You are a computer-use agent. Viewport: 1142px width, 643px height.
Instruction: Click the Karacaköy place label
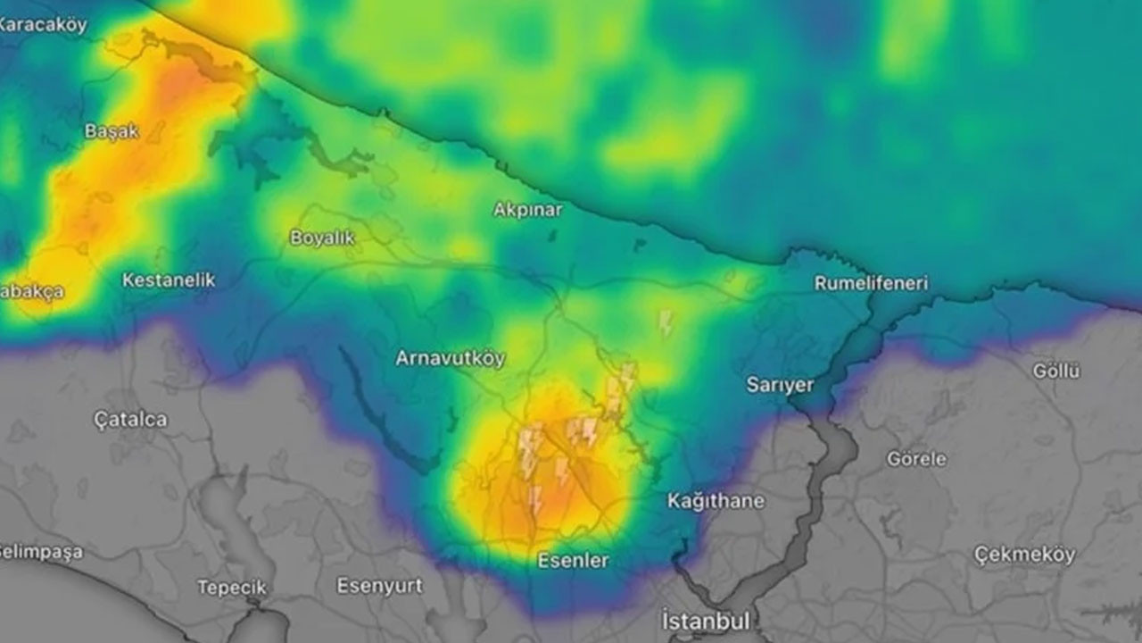click(x=42, y=25)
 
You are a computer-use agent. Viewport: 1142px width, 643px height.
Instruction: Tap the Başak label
click(x=112, y=131)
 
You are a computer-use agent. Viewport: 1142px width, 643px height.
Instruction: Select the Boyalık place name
click(x=322, y=238)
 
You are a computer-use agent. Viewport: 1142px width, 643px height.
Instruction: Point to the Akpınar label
click(x=528, y=210)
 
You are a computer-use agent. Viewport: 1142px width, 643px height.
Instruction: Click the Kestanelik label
click(x=169, y=280)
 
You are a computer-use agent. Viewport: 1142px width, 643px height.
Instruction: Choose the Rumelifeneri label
click(x=871, y=283)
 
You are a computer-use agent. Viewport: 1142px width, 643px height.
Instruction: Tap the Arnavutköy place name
click(x=451, y=358)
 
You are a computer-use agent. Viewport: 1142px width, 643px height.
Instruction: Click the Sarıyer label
click(x=780, y=385)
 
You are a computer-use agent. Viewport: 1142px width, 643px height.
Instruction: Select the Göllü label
click(x=1056, y=371)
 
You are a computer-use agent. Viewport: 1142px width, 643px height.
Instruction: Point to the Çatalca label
click(x=130, y=420)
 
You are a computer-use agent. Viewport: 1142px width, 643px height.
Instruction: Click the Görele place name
click(x=916, y=459)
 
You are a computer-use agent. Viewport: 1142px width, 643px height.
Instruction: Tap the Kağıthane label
click(x=716, y=501)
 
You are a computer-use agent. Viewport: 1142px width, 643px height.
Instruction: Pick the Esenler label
click(x=573, y=561)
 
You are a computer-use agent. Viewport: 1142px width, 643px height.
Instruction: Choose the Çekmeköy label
click(x=1024, y=555)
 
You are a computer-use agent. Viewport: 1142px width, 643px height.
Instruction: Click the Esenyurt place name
click(x=379, y=586)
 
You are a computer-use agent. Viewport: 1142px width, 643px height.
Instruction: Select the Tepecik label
click(x=232, y=588)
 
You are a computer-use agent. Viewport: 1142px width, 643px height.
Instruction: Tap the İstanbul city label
click(x=706, y=620)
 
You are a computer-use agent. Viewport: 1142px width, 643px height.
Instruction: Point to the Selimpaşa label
click(x=40, y=552)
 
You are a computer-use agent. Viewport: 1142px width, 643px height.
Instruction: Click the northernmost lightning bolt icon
click(x=666, y=322)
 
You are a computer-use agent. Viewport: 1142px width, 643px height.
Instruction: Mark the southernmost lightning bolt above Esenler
click(x=535, y=501)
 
